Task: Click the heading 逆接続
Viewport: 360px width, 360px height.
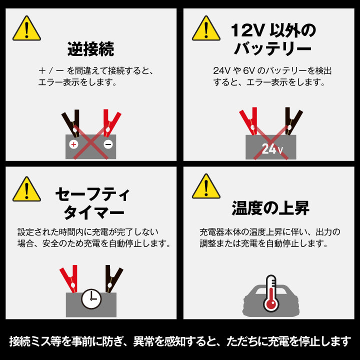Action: click(90, 49)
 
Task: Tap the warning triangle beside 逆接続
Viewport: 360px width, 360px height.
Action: click(26, 28)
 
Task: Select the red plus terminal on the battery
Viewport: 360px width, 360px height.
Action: click(73, 144)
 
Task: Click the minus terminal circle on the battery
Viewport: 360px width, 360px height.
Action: click(108, 144)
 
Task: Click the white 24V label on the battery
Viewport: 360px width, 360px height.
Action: click(272, 149)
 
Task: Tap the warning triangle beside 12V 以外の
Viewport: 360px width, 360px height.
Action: click(206, 28)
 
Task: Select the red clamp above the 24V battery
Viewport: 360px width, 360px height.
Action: click(249, 121)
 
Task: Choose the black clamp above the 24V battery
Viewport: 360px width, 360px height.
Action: click(293, 121)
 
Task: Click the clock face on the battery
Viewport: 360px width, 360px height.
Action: click(91, 299)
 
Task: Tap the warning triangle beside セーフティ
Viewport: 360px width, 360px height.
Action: click(26, 189)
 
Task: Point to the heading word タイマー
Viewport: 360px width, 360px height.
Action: click(93, 212)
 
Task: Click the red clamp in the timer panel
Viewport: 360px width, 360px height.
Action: click(69, 279)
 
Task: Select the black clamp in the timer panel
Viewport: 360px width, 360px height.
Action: click(113, 279)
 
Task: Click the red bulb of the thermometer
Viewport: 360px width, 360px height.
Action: click(271, 304)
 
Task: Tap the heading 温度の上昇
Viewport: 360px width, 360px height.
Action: click(270, 208)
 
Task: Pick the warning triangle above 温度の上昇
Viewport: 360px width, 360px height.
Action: click(206, 186)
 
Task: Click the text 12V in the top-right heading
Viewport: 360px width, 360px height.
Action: click(246, 30)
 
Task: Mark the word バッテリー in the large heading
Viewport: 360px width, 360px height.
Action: click(272, 48)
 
